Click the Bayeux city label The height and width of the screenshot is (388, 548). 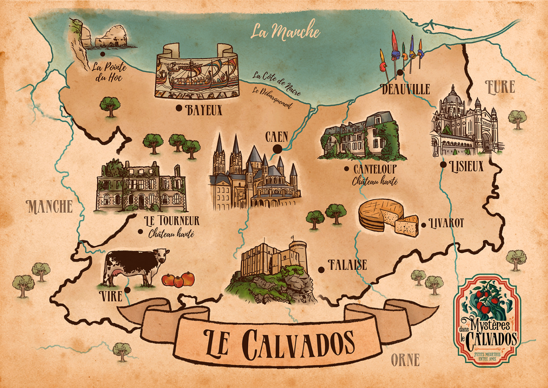[204, 110]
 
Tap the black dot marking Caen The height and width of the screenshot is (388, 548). [277, 149]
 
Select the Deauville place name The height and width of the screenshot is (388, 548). [406, 89]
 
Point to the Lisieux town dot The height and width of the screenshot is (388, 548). [443, 165]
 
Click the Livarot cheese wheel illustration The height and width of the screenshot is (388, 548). [380, 214]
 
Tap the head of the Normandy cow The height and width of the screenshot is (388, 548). [161, 255]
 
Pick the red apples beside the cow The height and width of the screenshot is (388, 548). [178, 279]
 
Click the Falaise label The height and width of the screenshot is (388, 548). [347, 265]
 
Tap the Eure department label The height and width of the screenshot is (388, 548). [500, 87]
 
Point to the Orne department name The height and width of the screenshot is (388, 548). [405, 360]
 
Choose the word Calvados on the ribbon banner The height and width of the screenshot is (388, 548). [298, 343]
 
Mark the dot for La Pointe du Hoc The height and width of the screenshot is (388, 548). [102, 54]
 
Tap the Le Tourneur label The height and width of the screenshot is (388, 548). [171, 221]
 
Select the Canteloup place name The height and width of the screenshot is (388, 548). [375, 169]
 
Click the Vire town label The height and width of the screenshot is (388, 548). [111, 296]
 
